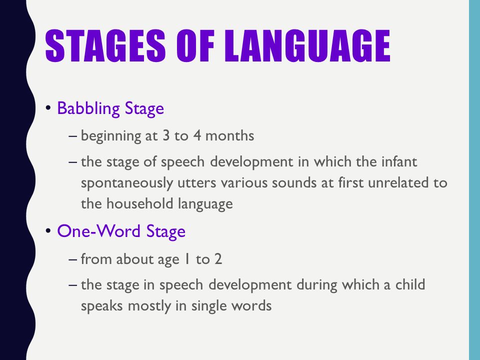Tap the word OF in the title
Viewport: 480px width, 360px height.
coord(195,46)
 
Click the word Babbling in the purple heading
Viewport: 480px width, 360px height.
coord(88,108)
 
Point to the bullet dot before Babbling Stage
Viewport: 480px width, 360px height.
coord(48,108)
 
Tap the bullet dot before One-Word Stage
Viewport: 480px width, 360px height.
coord(48,231)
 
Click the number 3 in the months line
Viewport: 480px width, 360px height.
coord(166,135)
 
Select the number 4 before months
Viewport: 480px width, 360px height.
coord(197,135)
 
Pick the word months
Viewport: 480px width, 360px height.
coord(229,135)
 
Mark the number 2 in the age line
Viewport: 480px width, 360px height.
coord(218,259)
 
